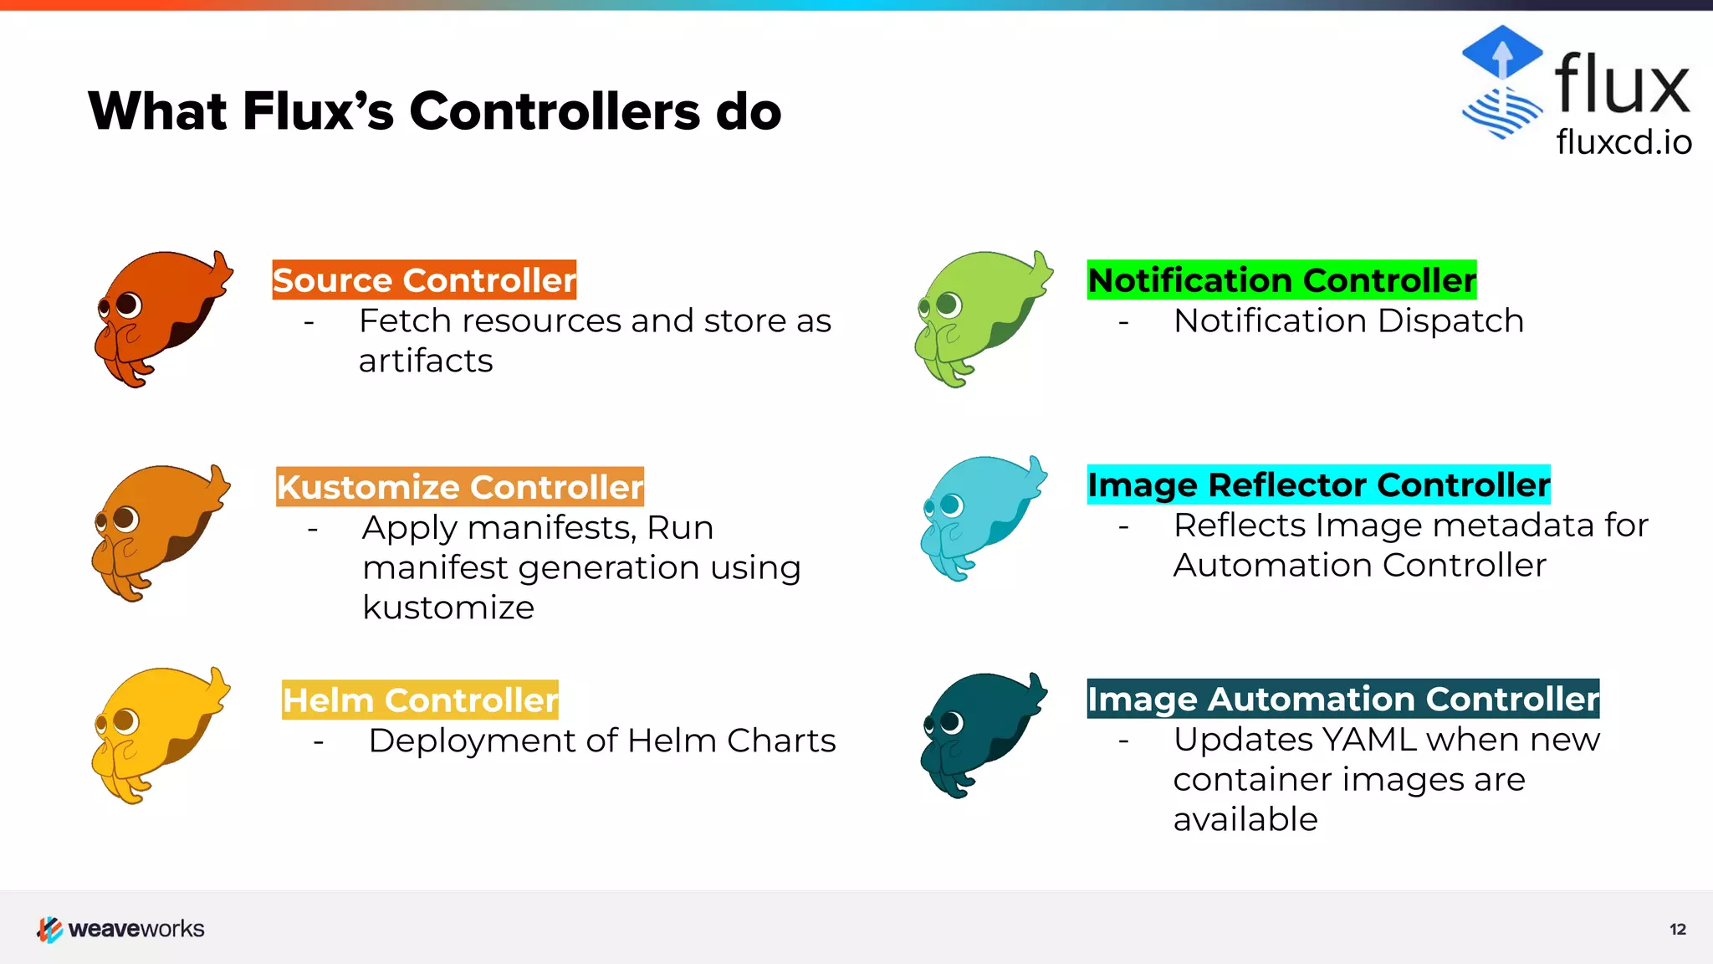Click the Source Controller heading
pyautogui.click(x=424, y=280)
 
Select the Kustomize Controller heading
pyautogui.click(x=460, y=487)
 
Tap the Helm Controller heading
pyautogui.click(x=420, y=700)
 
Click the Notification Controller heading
pyautogui.click(x=1281, y=280)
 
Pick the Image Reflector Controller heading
pyautogui.click(x=1318, y=485)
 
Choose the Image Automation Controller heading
pyautogui.click(x=1342, y=699)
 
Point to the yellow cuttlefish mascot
pyautogui.click(x=159, y=733)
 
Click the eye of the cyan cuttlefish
pyautogui.click(x=951, y=505)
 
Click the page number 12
pyautogui.click(x=1677, y=929)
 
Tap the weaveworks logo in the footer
pyautogui.click(x=121, y=929)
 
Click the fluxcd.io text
pyautogui.click(x=1624, y=142)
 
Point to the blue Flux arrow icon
pyautogui.click(x=1502, y=54)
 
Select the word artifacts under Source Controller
pyautogui.click(x=426, y=361)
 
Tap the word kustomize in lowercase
pyautogui.click(x=448, y=608)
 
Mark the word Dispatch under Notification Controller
pyautogui.click(x=1450, y=321)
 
